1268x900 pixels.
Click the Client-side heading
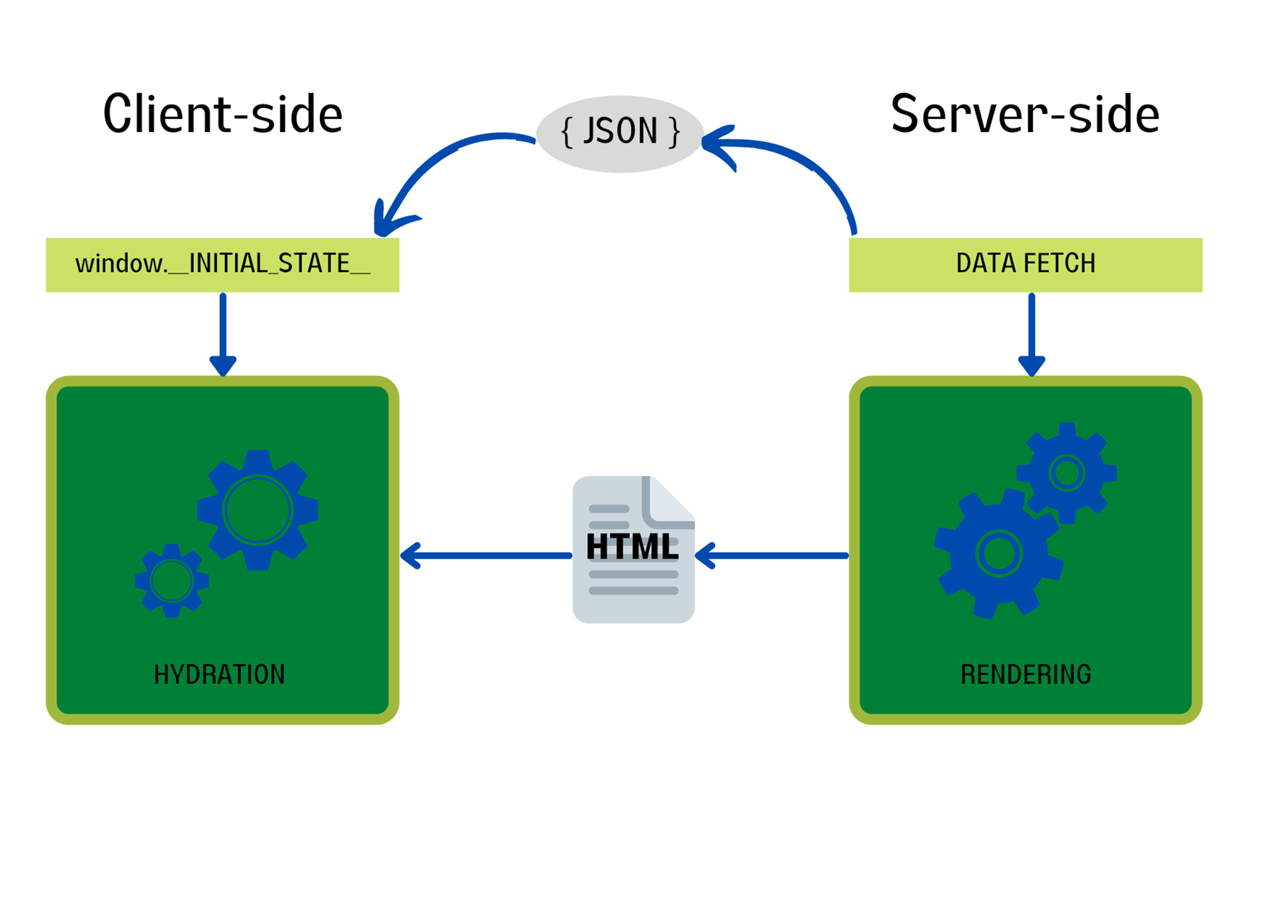(x=222, y=114)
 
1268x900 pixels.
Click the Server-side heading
(x=1025, y=114)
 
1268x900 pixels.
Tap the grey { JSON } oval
(x=620, y=133)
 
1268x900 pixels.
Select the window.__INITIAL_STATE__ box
(x=222, y=264)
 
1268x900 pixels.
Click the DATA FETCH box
(x=1025, y=264)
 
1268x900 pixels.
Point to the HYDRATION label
(x=219, y=674)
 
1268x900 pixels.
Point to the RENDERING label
(x=1025, y=674)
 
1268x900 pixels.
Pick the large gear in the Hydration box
(x=258, y=510)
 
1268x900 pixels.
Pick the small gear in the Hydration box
(x=172, y=580)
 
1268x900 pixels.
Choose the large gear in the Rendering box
(x=998, y=553)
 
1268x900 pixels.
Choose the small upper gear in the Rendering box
(x=1066, y=473)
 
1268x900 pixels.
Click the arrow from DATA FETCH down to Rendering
(x=1031, y=332)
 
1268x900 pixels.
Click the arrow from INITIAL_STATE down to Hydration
(x=223, y=332)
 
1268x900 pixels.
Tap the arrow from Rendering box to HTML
(x=774, y=556)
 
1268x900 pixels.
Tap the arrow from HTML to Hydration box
(x=488, y=556)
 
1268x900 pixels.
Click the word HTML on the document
(x=632, y=547)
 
